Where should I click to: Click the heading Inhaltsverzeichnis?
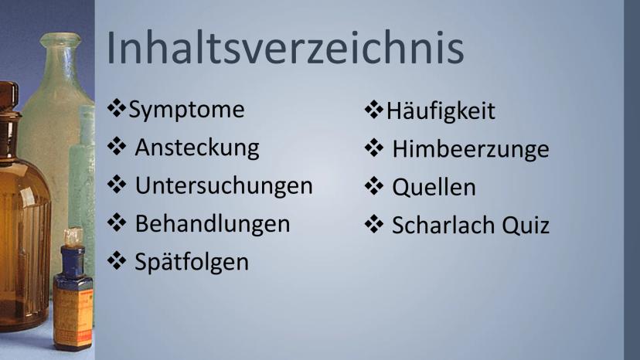(x=285, y=48)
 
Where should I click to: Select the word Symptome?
(x=186, y=110)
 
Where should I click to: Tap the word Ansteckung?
(x=197, y=148)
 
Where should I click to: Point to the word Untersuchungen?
(x=223, y=185)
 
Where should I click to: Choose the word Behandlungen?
(x=213, y=224)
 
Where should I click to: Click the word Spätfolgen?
(x=192, y=262)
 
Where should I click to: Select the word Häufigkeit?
(x=441, y=111)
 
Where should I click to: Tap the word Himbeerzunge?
(x=471, y=149)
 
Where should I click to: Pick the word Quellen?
(x=434, y=188)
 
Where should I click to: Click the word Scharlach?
(x=444, y=225)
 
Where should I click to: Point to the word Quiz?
(x=526, y=226)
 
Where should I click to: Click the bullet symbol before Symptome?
(x=117, y=108)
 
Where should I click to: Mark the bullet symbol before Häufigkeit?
(x=374, y=110)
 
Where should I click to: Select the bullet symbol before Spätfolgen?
(x=117, y=260)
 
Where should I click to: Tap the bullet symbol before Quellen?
(x=374, y=185)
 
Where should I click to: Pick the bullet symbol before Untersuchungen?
(x=117, y=184)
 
